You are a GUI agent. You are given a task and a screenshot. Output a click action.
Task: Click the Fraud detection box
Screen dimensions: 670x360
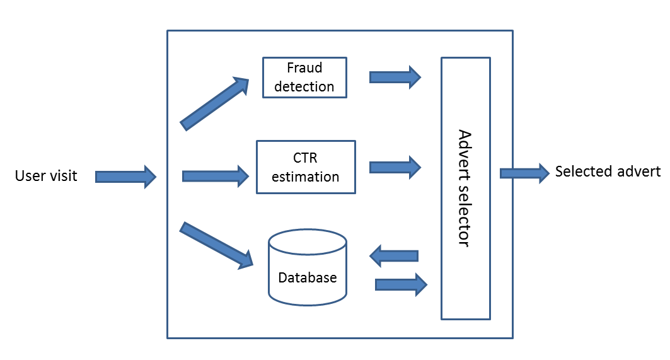[304, 78]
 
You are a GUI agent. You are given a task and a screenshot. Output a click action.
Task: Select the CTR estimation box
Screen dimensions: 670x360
[306, 167]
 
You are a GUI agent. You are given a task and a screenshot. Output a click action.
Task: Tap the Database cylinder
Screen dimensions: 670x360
[308, 267]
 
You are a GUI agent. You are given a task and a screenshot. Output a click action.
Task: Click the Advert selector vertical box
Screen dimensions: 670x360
[466, 188]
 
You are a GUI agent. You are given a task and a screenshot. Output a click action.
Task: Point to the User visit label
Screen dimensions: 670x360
[46, 176]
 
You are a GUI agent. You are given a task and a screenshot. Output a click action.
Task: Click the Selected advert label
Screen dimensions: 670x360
[608, 171]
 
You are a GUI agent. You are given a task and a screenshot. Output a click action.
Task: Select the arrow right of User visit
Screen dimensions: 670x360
[125, 177]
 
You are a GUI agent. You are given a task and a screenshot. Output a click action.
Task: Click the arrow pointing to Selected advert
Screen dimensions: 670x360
[525, 173]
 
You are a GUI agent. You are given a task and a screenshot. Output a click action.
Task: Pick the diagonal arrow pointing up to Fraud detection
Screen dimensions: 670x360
[214, 103]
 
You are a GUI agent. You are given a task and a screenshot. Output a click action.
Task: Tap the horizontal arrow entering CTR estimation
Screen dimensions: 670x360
[216, 176]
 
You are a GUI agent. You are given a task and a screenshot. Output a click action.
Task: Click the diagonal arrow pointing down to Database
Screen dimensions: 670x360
[217, 245]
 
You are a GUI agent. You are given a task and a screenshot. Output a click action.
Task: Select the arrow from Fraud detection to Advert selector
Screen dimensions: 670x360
[395, 78]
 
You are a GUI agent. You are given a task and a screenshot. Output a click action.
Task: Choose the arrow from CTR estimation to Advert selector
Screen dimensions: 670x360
[395, 167]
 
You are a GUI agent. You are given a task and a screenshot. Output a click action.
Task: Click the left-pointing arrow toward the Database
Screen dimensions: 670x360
[393, 256]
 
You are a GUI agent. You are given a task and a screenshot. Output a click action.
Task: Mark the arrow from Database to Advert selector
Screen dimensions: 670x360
[401, 284]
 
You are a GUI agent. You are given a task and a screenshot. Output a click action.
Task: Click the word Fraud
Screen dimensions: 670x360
[304, 67]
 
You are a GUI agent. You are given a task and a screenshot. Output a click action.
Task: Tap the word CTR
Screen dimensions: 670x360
[305, 158]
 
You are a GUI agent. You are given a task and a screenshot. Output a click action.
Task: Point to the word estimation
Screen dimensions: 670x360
[306, 177]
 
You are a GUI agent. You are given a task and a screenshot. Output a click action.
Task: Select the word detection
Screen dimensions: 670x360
[304, 86]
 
